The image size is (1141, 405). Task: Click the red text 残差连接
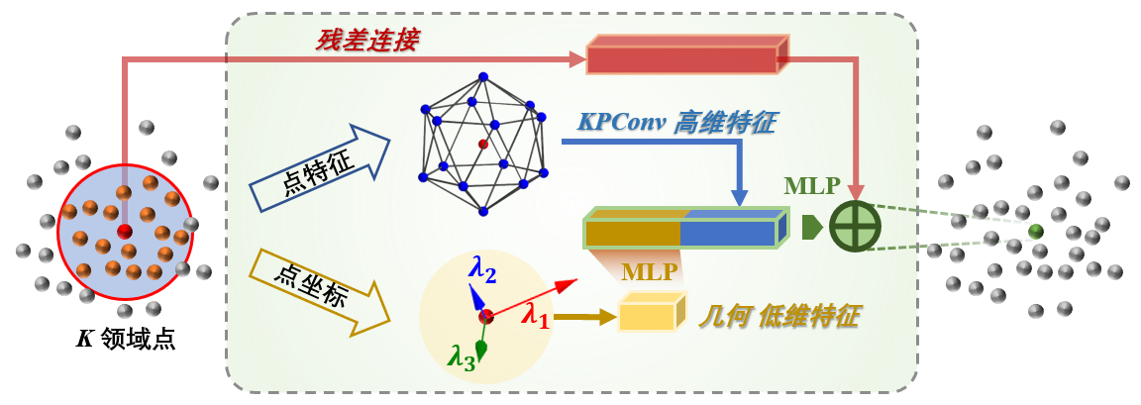(x=367, y=40)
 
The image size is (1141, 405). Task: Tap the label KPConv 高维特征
(x=676, y=123)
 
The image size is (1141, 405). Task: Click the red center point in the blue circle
(x=125, y=231)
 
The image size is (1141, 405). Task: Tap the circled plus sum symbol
(x=855, y=226)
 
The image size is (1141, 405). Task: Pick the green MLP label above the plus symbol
(x=812, y=186)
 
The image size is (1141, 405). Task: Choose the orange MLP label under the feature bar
(x=649, y=271)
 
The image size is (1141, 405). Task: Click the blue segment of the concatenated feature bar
(x=727, y=233)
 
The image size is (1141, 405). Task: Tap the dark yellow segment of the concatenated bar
(x=632, y=233)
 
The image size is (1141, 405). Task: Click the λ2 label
(x=482, y=267)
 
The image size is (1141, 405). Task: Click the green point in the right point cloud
(x=1035, y=231)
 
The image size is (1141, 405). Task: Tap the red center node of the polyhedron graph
(x=482, y=145)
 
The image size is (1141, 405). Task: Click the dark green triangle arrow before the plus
(x=811, y=227)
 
